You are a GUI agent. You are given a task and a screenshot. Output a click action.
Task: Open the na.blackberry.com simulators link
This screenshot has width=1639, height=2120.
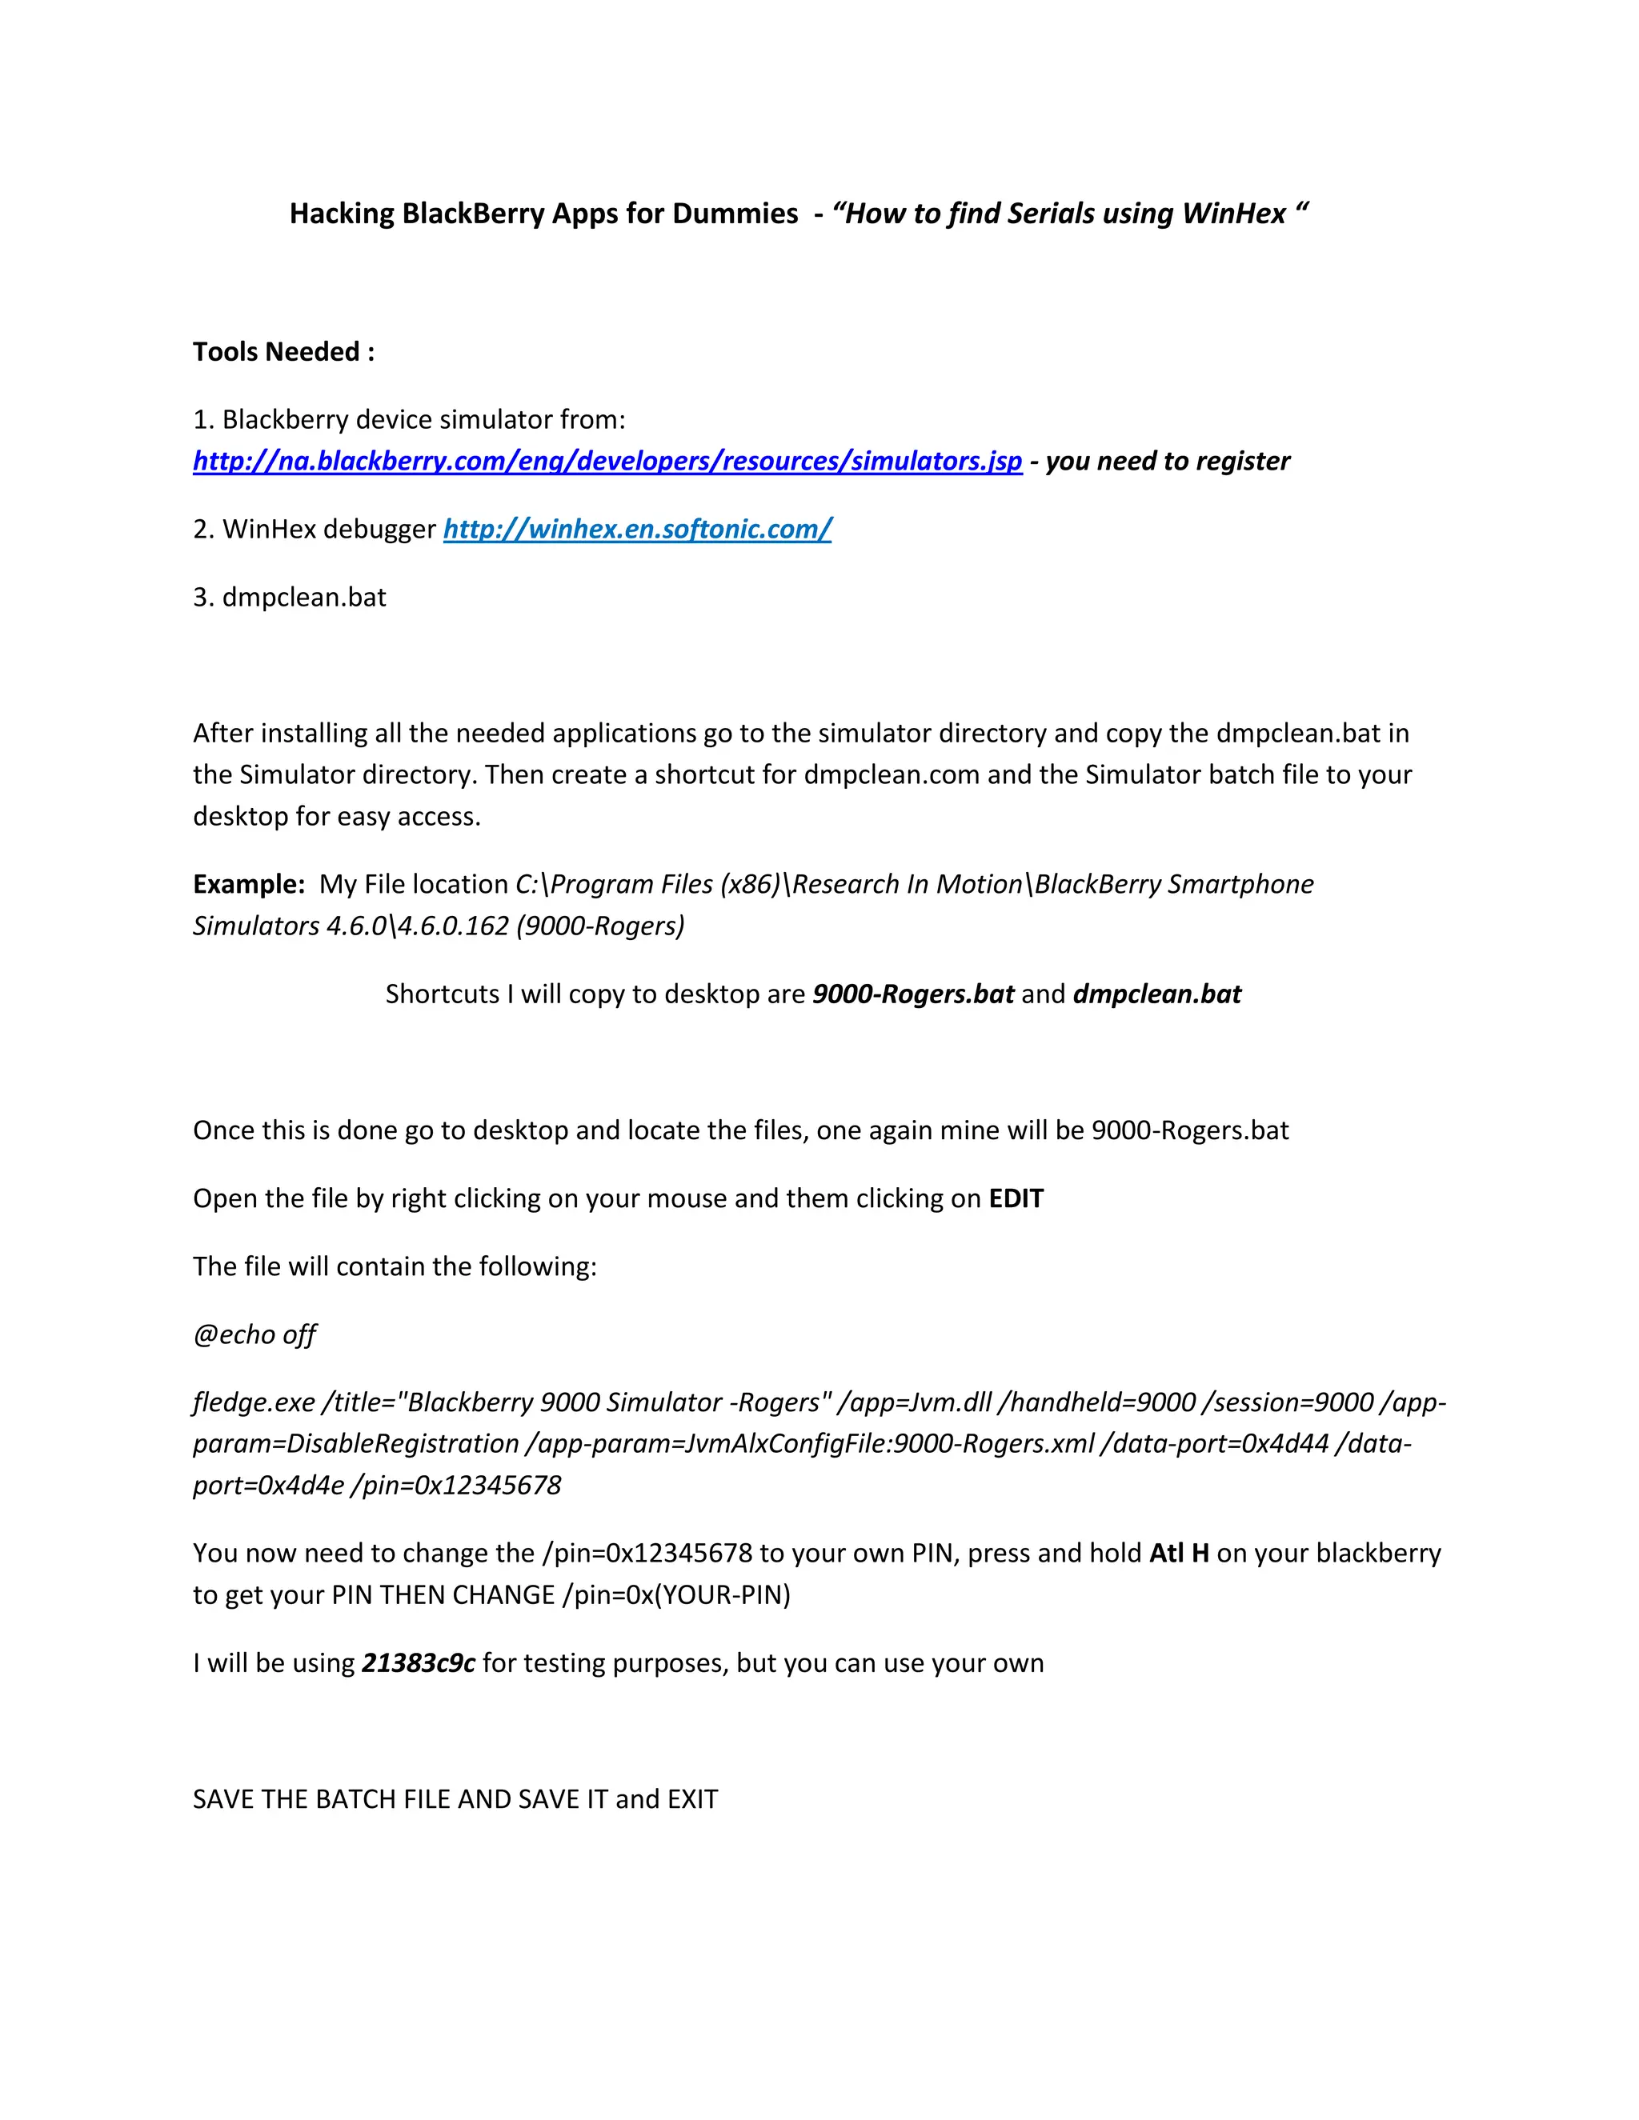[x=607, y=461]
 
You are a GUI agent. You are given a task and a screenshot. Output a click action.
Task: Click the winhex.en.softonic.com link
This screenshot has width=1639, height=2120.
[x=637, y=529]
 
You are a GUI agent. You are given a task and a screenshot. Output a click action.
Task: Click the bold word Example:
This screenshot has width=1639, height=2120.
[x=250, y=884]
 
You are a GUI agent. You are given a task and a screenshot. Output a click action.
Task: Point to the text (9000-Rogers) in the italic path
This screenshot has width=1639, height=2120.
[x=600, y=926]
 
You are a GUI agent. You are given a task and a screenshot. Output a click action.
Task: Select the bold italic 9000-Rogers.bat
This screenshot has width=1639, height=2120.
[x=912, y=994]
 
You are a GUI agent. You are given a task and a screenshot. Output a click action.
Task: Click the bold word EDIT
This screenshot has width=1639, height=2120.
[x=1016, y=1199]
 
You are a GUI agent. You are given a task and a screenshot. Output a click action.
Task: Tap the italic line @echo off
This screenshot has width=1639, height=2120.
[x=254, y=1334]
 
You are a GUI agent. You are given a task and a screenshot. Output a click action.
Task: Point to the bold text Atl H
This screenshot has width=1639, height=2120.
[x=1179, y=1554]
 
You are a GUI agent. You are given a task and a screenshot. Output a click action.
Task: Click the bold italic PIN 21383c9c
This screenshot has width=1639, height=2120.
[x=418, y=1664]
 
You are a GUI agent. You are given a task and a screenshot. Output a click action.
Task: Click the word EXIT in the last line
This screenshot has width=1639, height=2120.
[x=692, y=1800]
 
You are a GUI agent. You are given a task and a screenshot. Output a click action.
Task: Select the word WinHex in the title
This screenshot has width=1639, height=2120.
[x=1234, y=214]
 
